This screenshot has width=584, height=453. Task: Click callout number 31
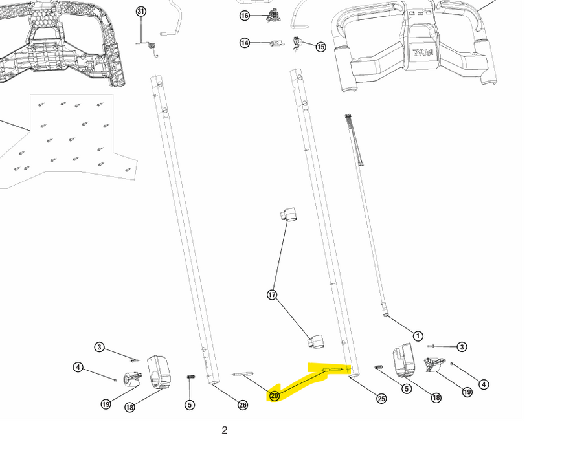click(141, 12)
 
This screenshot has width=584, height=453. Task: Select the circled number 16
click(245, 16)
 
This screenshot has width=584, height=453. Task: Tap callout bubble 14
click(245, 43)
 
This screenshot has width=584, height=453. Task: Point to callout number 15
click(320, 47)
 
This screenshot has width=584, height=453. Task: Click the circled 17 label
click(273, 295)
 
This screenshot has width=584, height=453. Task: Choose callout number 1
click(418, 336)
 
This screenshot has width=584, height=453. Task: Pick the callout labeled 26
click(242, 405)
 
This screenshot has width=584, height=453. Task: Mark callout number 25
click(381, 399)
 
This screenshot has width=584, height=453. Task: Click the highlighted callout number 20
click(275, 395)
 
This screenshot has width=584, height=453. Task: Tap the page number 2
click(225, 430)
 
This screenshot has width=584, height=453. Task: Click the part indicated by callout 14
click(275, 43)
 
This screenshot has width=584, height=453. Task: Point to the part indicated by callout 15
click(298, 43)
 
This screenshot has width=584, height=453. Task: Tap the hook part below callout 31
click(153, 47)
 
